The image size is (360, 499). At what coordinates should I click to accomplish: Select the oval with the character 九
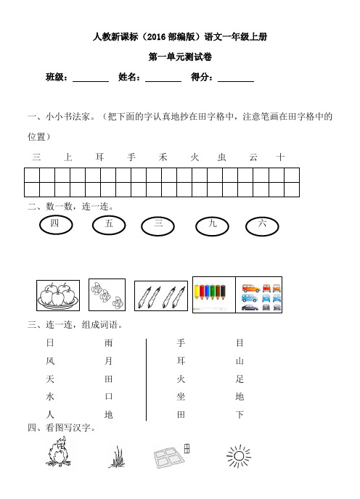point(213,226)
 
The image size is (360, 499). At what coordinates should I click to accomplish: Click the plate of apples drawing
point(57,296)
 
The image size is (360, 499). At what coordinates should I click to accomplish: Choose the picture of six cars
point(259,294)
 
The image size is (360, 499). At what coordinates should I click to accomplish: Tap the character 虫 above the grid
point(222,157)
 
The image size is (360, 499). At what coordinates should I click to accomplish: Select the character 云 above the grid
point(253,157)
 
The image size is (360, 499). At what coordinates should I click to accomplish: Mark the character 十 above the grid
point(281,157)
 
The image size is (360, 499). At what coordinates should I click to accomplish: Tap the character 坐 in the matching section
point(181,397)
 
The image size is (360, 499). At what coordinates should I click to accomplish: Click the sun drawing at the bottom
point(238,456)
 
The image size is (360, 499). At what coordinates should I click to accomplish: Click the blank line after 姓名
point(163,78)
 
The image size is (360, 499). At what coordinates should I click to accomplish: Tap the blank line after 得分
point(236,78)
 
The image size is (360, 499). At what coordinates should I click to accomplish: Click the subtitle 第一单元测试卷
point(180,57)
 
